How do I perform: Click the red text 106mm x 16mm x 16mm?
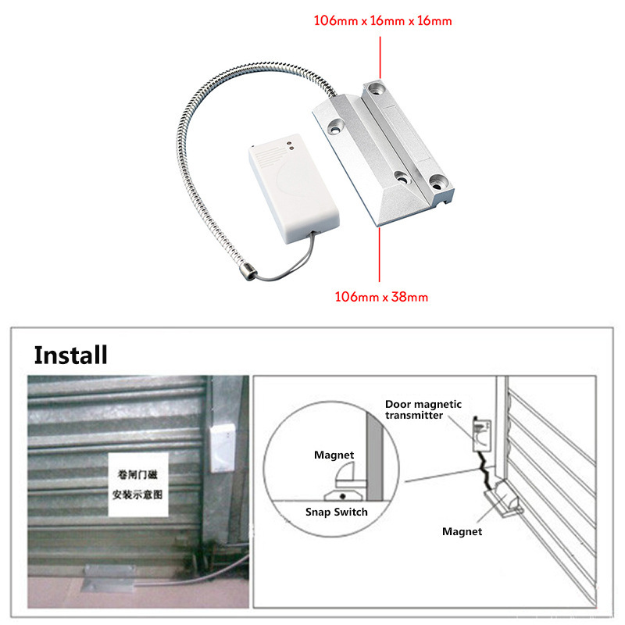coord(383,21)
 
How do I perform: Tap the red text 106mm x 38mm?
coord(381,297)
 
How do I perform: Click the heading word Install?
coord(70,355)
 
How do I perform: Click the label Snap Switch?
coord(336,512)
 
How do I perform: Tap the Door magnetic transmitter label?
coord(423,409)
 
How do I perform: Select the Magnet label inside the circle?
coord(334,455)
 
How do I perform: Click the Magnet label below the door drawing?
coord(462,531)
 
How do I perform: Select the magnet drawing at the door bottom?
coord(502,500)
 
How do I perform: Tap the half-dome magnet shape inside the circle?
coord(345,474)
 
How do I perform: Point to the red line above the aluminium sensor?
coord(380,54)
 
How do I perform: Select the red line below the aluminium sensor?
coord(380,255)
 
